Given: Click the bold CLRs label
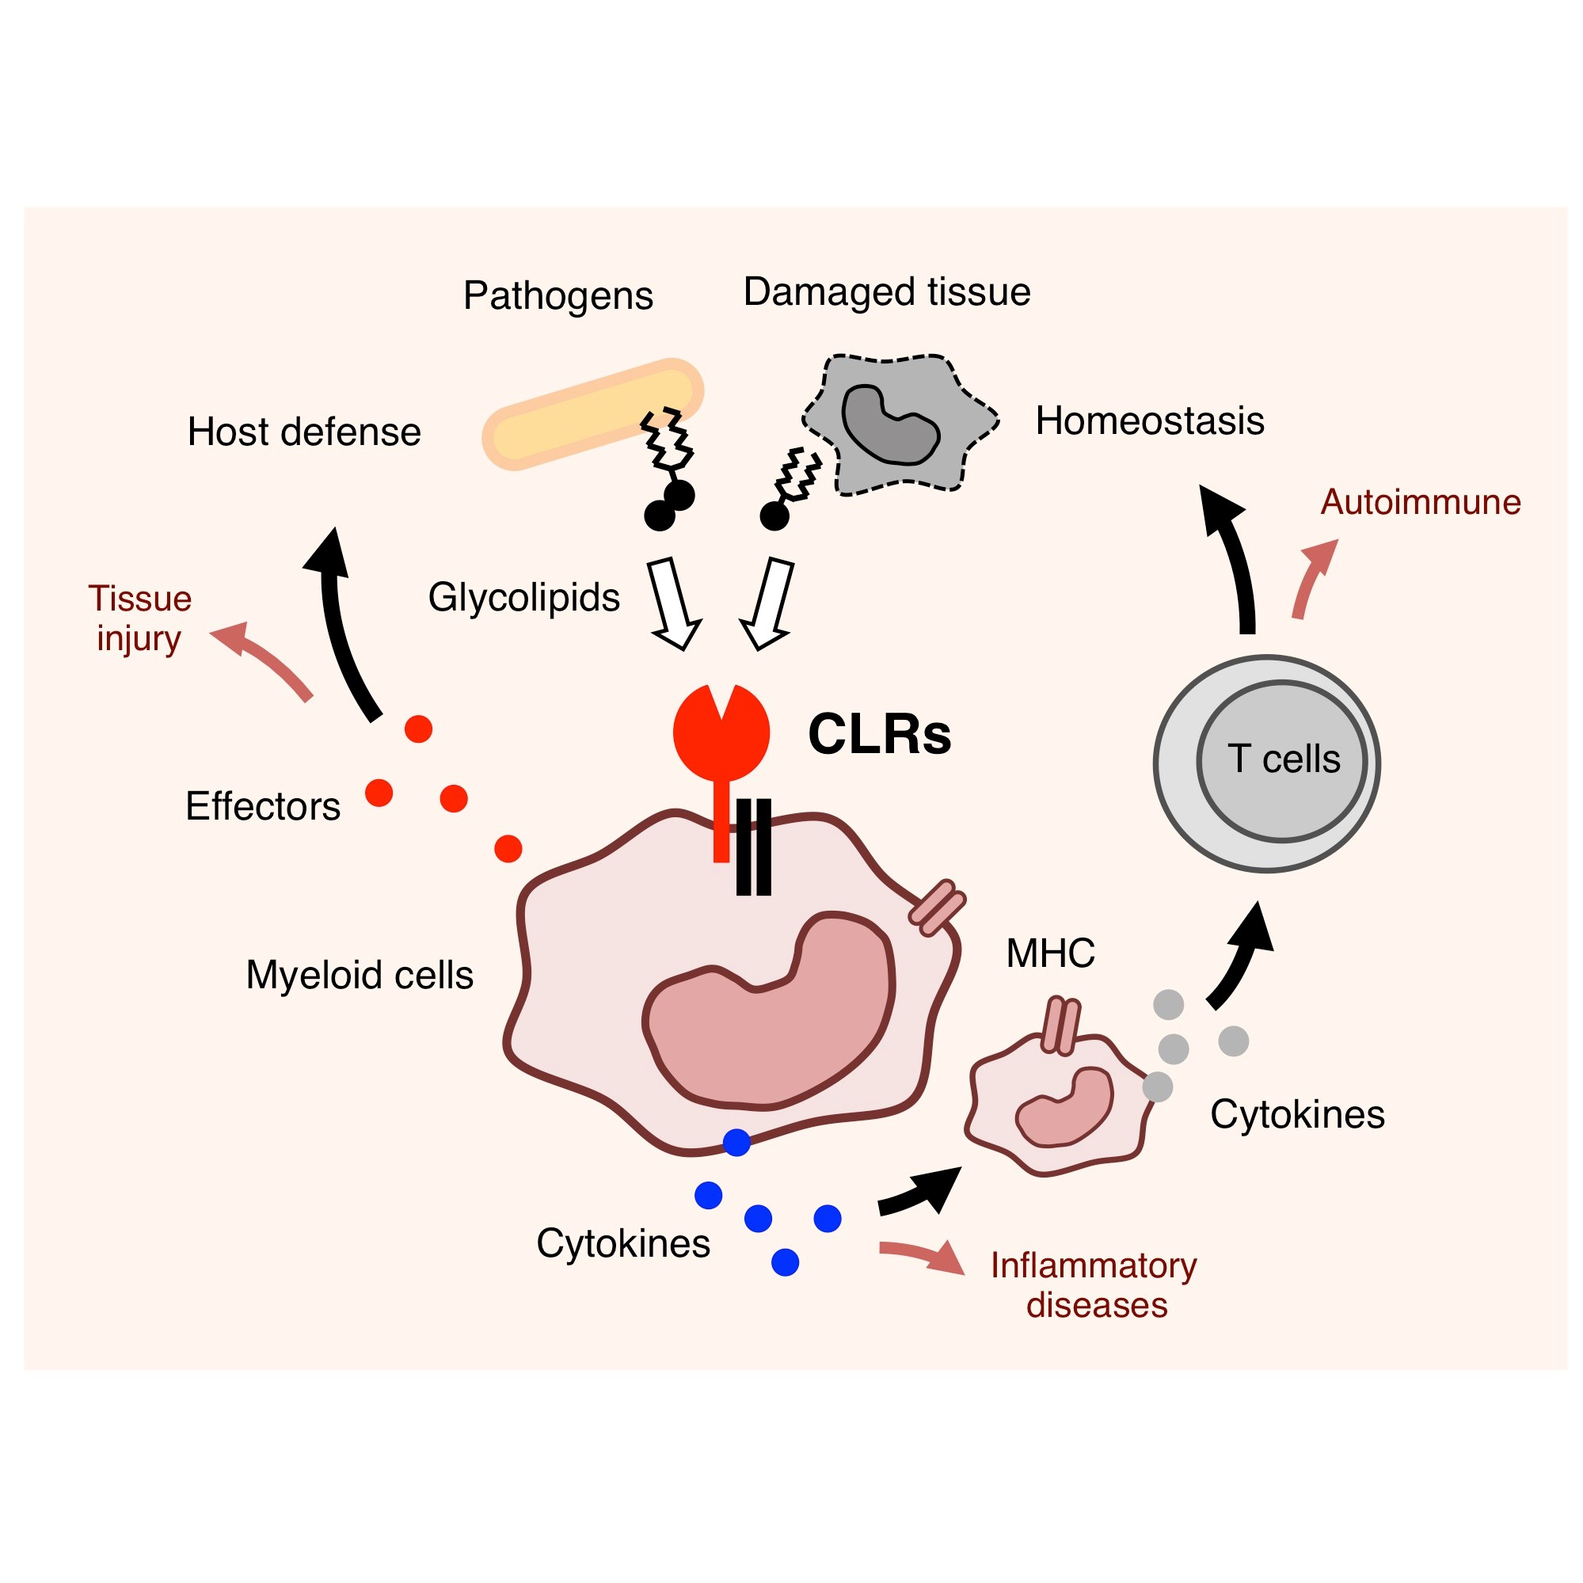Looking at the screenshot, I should (879, 734).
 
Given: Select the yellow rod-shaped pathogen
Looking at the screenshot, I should (592, 414).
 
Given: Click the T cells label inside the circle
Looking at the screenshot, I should (1283, 759).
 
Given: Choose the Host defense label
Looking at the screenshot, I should (304, 432).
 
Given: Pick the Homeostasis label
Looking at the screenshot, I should (1150, 421).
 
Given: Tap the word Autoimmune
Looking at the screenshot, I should (1420, 502).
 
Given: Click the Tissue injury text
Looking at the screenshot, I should (140, 618).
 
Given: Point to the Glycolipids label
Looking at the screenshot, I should (523, 597).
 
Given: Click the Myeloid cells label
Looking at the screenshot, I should (360, 975).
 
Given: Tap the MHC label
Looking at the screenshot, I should (1049, 953).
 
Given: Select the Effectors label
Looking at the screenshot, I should (263, 806).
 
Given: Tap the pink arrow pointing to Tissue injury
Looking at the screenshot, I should (262, 660).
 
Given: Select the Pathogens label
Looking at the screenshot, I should (558, 296).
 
